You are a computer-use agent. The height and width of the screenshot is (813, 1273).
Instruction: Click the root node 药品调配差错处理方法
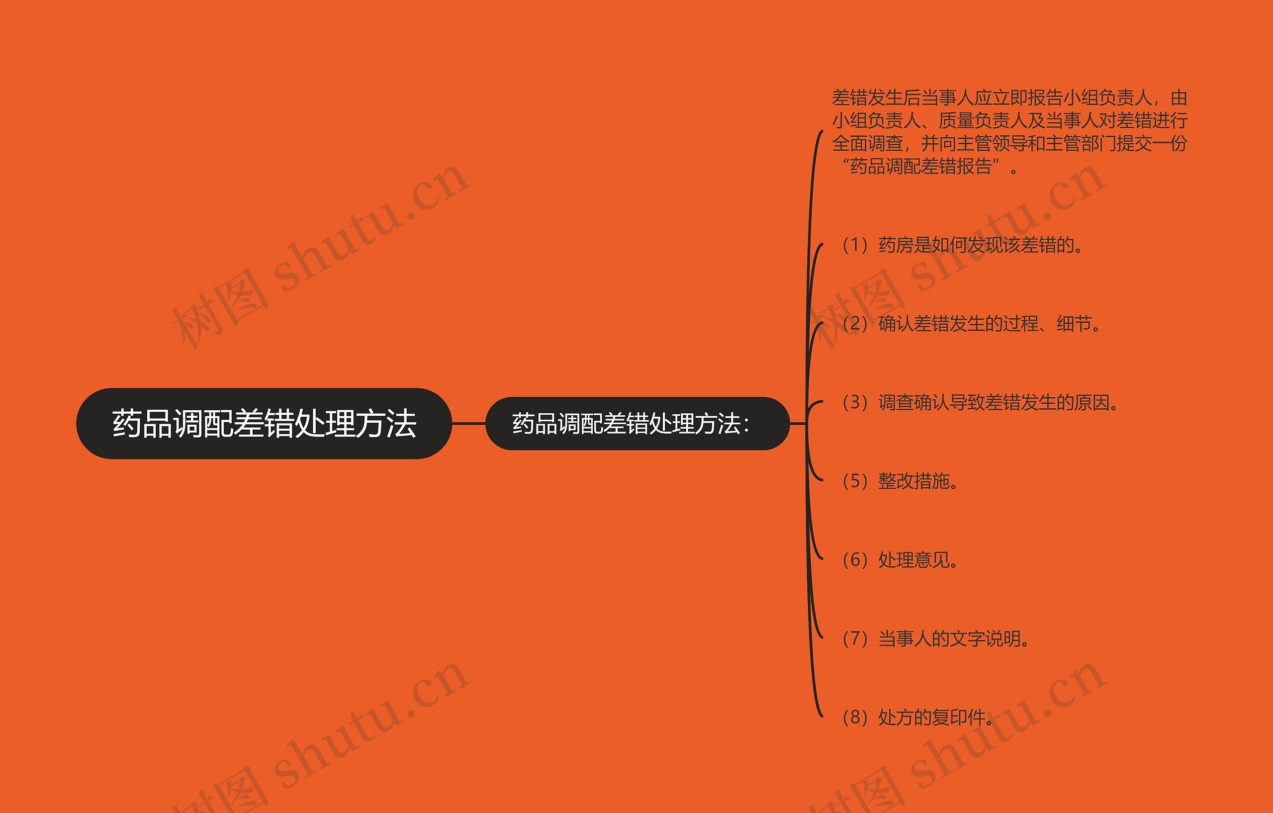click(264, 424)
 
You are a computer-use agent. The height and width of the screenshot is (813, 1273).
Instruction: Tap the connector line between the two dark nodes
click(468, 424)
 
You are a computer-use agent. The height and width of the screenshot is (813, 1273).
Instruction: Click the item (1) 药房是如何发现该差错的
click(962, 245)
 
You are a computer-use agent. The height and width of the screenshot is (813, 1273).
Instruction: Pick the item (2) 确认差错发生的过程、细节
click(971, 324)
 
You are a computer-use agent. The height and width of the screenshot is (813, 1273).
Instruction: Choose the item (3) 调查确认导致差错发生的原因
click(980, 403)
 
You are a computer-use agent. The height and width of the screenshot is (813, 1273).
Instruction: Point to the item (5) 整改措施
click(900, 481)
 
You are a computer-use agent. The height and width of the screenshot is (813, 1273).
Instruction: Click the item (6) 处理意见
click(900, 560)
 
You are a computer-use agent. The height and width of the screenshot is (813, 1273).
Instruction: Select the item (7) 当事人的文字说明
click(936, 638)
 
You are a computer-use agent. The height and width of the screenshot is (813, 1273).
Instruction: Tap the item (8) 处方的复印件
click(918, 718)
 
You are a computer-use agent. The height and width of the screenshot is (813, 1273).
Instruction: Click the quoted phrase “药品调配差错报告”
click(921, 167)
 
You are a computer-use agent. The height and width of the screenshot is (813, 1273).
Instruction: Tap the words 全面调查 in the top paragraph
click(868, 143)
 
